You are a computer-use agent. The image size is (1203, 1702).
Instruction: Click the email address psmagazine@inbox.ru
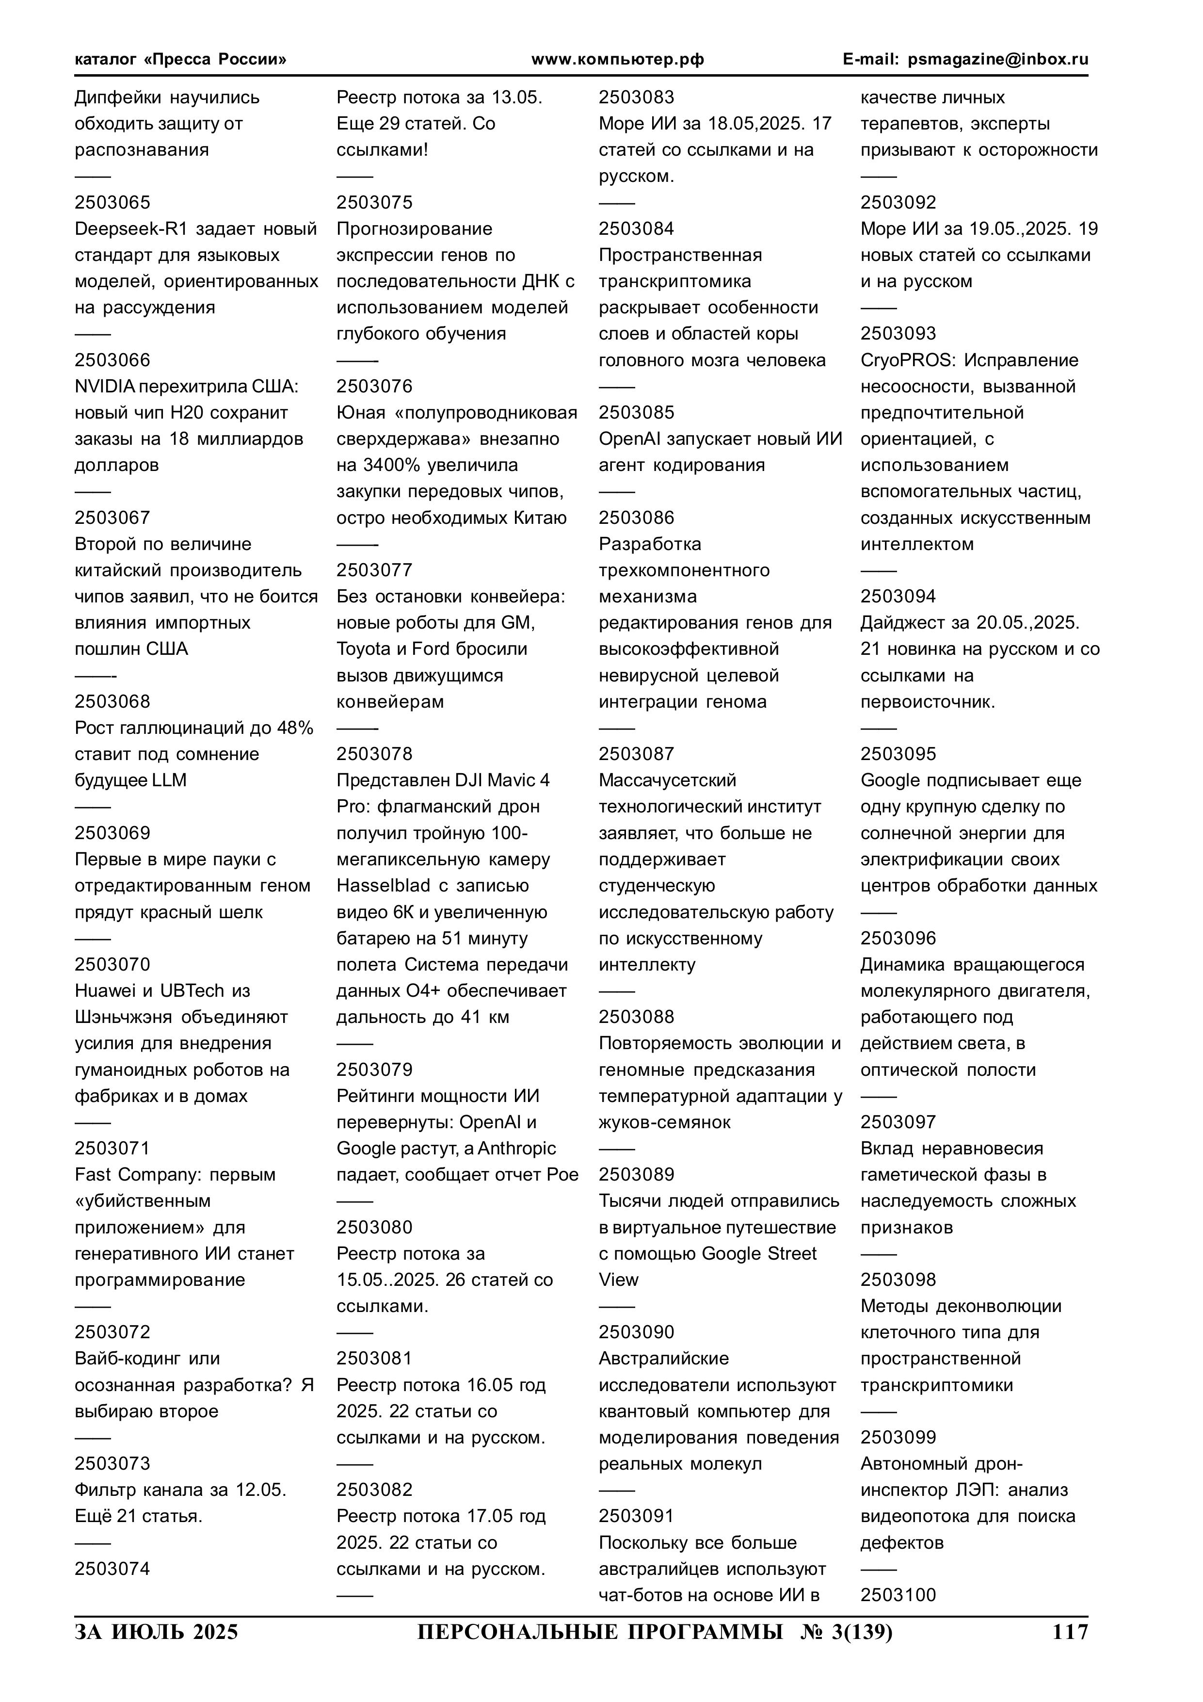[998, 59]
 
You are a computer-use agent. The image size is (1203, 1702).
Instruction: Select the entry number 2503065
[112, 202]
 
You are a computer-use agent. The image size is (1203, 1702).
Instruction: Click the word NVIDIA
[105, 386]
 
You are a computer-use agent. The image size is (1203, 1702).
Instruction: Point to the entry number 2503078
[374, 754]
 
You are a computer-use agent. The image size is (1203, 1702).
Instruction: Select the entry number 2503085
[636, 413]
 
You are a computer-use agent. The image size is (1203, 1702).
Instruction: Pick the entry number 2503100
[898, 1595]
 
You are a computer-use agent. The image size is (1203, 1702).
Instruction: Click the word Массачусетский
[667, 780]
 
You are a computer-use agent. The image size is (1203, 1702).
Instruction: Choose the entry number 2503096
[898, 939]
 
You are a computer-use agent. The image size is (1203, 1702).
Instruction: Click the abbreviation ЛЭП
[956, 1490]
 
